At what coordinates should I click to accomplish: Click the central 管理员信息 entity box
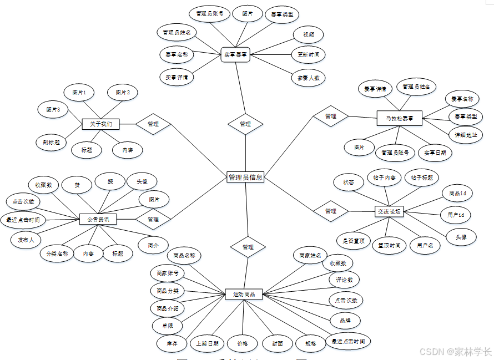(x=245, y=178)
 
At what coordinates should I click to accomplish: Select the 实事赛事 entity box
(x=235, y=55)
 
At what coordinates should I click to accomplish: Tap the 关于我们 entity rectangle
(x=101, y=124)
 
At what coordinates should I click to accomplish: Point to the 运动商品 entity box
(x=244, y=294)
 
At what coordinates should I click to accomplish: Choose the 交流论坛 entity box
(x=389, y=211)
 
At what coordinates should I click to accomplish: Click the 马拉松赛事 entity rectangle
(x=399, y=118)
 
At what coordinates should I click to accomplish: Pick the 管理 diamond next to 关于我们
(x=153, y=124)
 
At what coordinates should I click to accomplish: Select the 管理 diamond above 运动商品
(x=248, y=247)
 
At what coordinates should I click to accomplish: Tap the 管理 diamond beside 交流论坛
(x=331, y=211)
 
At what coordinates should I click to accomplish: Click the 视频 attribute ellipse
(x=309, y=34)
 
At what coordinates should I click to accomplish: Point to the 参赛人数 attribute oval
(x=308, y=78)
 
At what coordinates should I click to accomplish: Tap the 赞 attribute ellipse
(x=77, y=185)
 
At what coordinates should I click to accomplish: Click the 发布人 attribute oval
(x=26, y=240)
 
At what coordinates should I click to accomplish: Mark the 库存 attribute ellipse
(x=172, y=343)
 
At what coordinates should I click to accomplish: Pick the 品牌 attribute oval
(x=345, y=320)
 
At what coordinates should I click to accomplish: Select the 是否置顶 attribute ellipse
(x=354, y=241)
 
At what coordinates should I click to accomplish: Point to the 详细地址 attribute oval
(x=466, y=135)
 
